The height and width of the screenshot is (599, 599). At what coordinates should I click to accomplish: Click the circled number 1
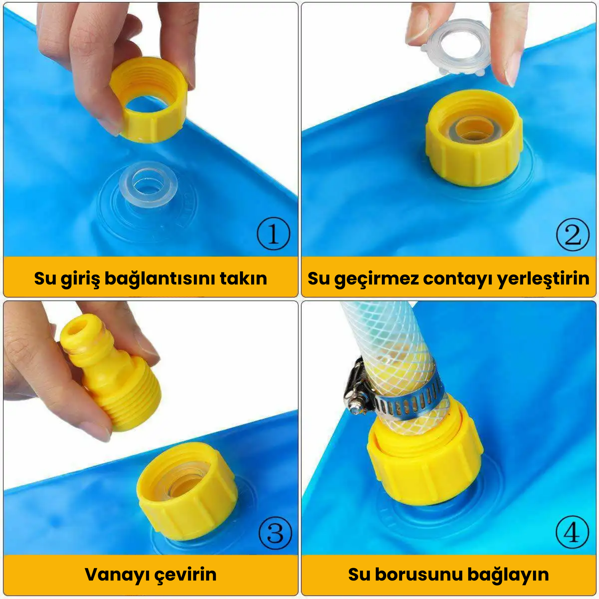pos(273,234)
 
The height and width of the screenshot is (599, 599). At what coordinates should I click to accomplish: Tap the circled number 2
pos(573,234)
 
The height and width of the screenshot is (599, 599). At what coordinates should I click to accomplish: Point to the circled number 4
pos(572,532)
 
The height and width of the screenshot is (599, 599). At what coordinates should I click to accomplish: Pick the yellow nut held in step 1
pos(149,100)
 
